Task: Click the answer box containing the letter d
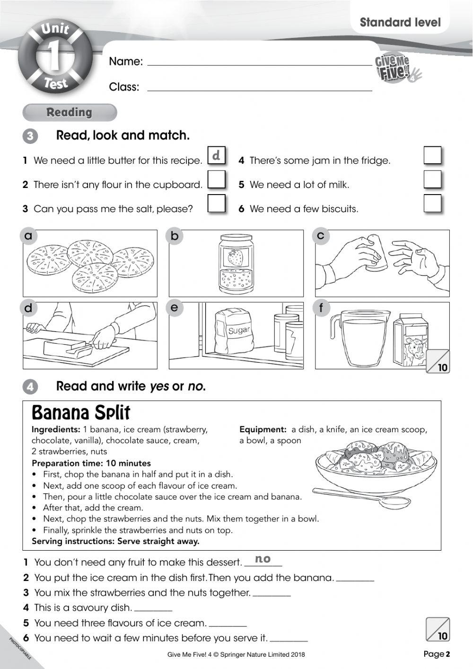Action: coord(217,155)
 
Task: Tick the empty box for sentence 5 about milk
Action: coord(432,179)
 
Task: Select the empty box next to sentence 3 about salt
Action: coord(217,204)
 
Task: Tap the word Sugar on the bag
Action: coord(239,330)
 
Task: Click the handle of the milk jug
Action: coord(335,325)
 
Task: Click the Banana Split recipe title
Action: coord(80,413)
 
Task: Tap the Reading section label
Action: coord(69,112)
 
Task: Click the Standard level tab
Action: coord(400,22)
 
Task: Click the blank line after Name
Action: coord(259,62)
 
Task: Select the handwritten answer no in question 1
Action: coord(263,559)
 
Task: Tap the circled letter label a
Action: coord(29,235)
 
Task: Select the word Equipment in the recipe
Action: coord(263,429)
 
